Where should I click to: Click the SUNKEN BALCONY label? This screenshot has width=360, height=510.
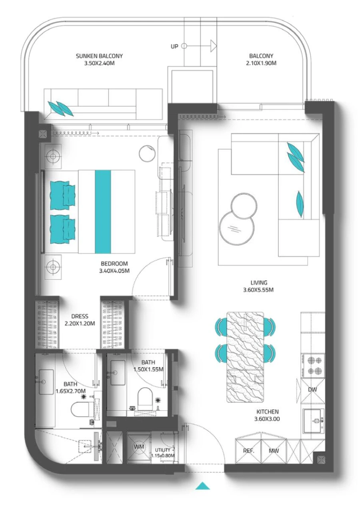(99, 56)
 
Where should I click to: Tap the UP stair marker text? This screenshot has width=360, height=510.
(174, 46)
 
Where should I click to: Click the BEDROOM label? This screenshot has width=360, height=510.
(114, 264)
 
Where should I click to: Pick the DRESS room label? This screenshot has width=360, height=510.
(80, 316)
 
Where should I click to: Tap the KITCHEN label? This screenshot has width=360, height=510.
(268, 412)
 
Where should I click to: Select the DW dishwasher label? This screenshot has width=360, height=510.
(313, 390)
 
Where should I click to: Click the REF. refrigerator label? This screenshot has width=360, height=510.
(249, 451)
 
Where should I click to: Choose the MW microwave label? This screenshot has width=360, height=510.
(274, 451)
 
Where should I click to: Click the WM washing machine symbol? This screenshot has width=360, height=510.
(139, 447)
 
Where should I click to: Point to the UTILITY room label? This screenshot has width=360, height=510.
(165, 450)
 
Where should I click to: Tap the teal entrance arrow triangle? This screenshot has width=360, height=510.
(203, 486)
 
